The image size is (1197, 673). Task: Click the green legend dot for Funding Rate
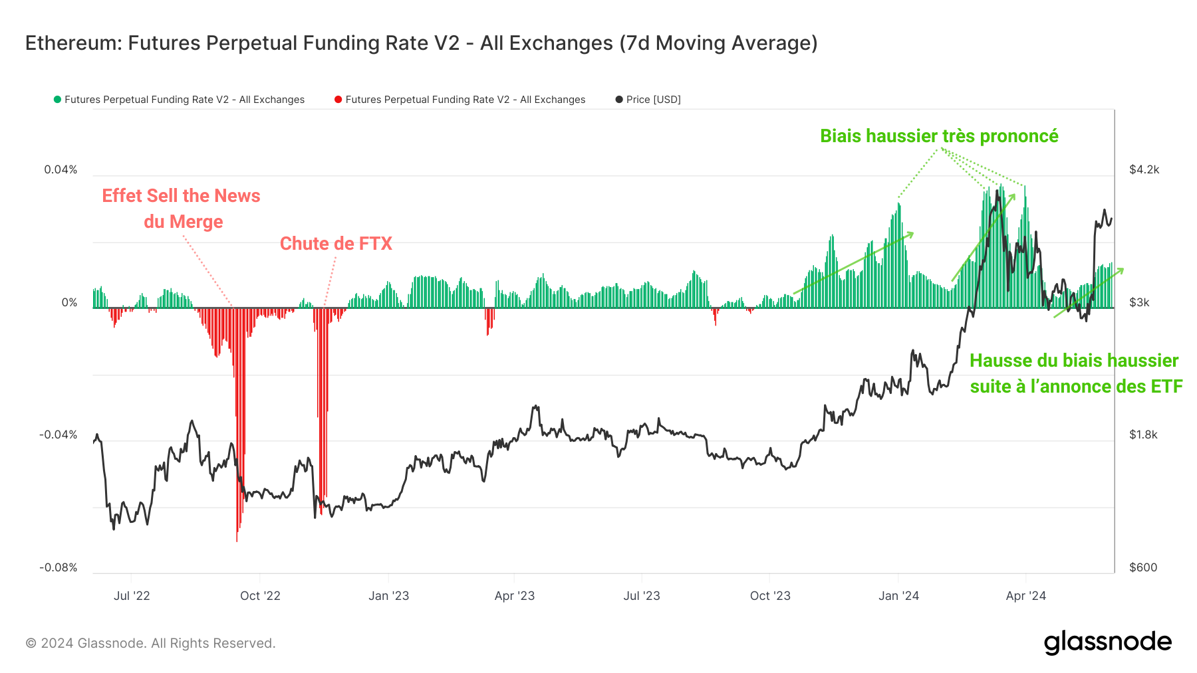[x=57, y=100]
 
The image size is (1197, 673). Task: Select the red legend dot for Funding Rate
[x=338, y=100]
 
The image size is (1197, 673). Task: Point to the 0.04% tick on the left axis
[x=61, y=169]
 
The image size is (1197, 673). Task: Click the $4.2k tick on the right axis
[x=1144, y=169]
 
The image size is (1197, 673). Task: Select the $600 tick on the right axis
[x=1143, y=567]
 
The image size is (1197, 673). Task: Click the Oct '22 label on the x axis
[x=260, y=596]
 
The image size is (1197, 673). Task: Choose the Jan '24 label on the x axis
[x=898, y=596]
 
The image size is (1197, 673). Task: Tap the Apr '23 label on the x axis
[x=514, y=596]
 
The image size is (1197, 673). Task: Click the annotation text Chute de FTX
[x=336, y=244]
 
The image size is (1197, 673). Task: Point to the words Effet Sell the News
[x=181, y=196]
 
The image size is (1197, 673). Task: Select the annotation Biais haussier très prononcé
[x=939, y=136]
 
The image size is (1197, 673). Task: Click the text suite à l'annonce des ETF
[x=1076, y=387]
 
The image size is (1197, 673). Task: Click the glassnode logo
[x=1107, y=642]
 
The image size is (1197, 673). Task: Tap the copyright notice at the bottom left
[x=150, y=643]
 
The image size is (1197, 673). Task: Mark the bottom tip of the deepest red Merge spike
[x=237, y=541]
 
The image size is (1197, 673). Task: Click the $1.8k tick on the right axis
[x=1143, y=434]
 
